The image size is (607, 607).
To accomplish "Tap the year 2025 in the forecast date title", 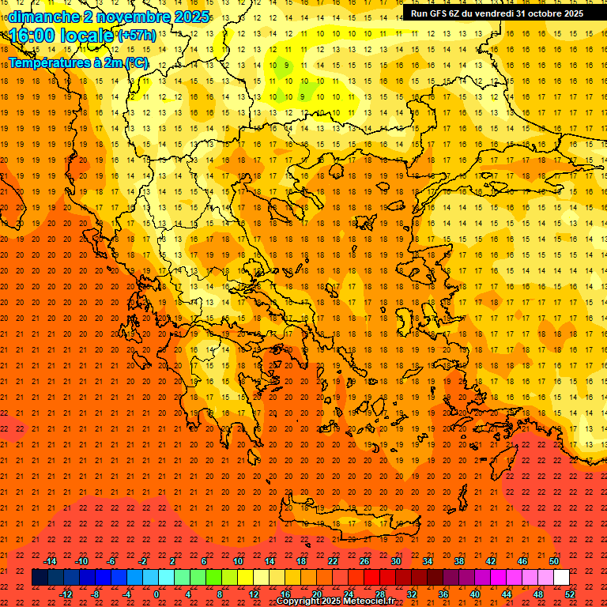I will (x=190, y=17).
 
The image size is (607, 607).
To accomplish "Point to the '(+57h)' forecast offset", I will (x=137, y=36).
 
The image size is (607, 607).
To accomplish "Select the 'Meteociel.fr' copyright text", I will (x=364, y=601).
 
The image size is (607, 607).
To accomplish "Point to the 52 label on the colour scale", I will (x=571, y=594).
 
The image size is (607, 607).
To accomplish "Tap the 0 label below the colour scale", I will (x=156, y=594).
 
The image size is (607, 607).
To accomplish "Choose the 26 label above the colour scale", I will (x=364, y=561).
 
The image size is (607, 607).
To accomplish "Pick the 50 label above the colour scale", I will (x=554, y=561).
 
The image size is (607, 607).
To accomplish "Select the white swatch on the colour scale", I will (x=562, y=578).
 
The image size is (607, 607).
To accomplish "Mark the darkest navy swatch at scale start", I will (x=40, y=578).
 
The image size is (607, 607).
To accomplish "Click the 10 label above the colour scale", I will (x=238, y=561).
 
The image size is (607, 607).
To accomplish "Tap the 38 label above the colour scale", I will (x=459, y=561).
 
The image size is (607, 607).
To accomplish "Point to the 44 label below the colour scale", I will (x=507, y=594).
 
